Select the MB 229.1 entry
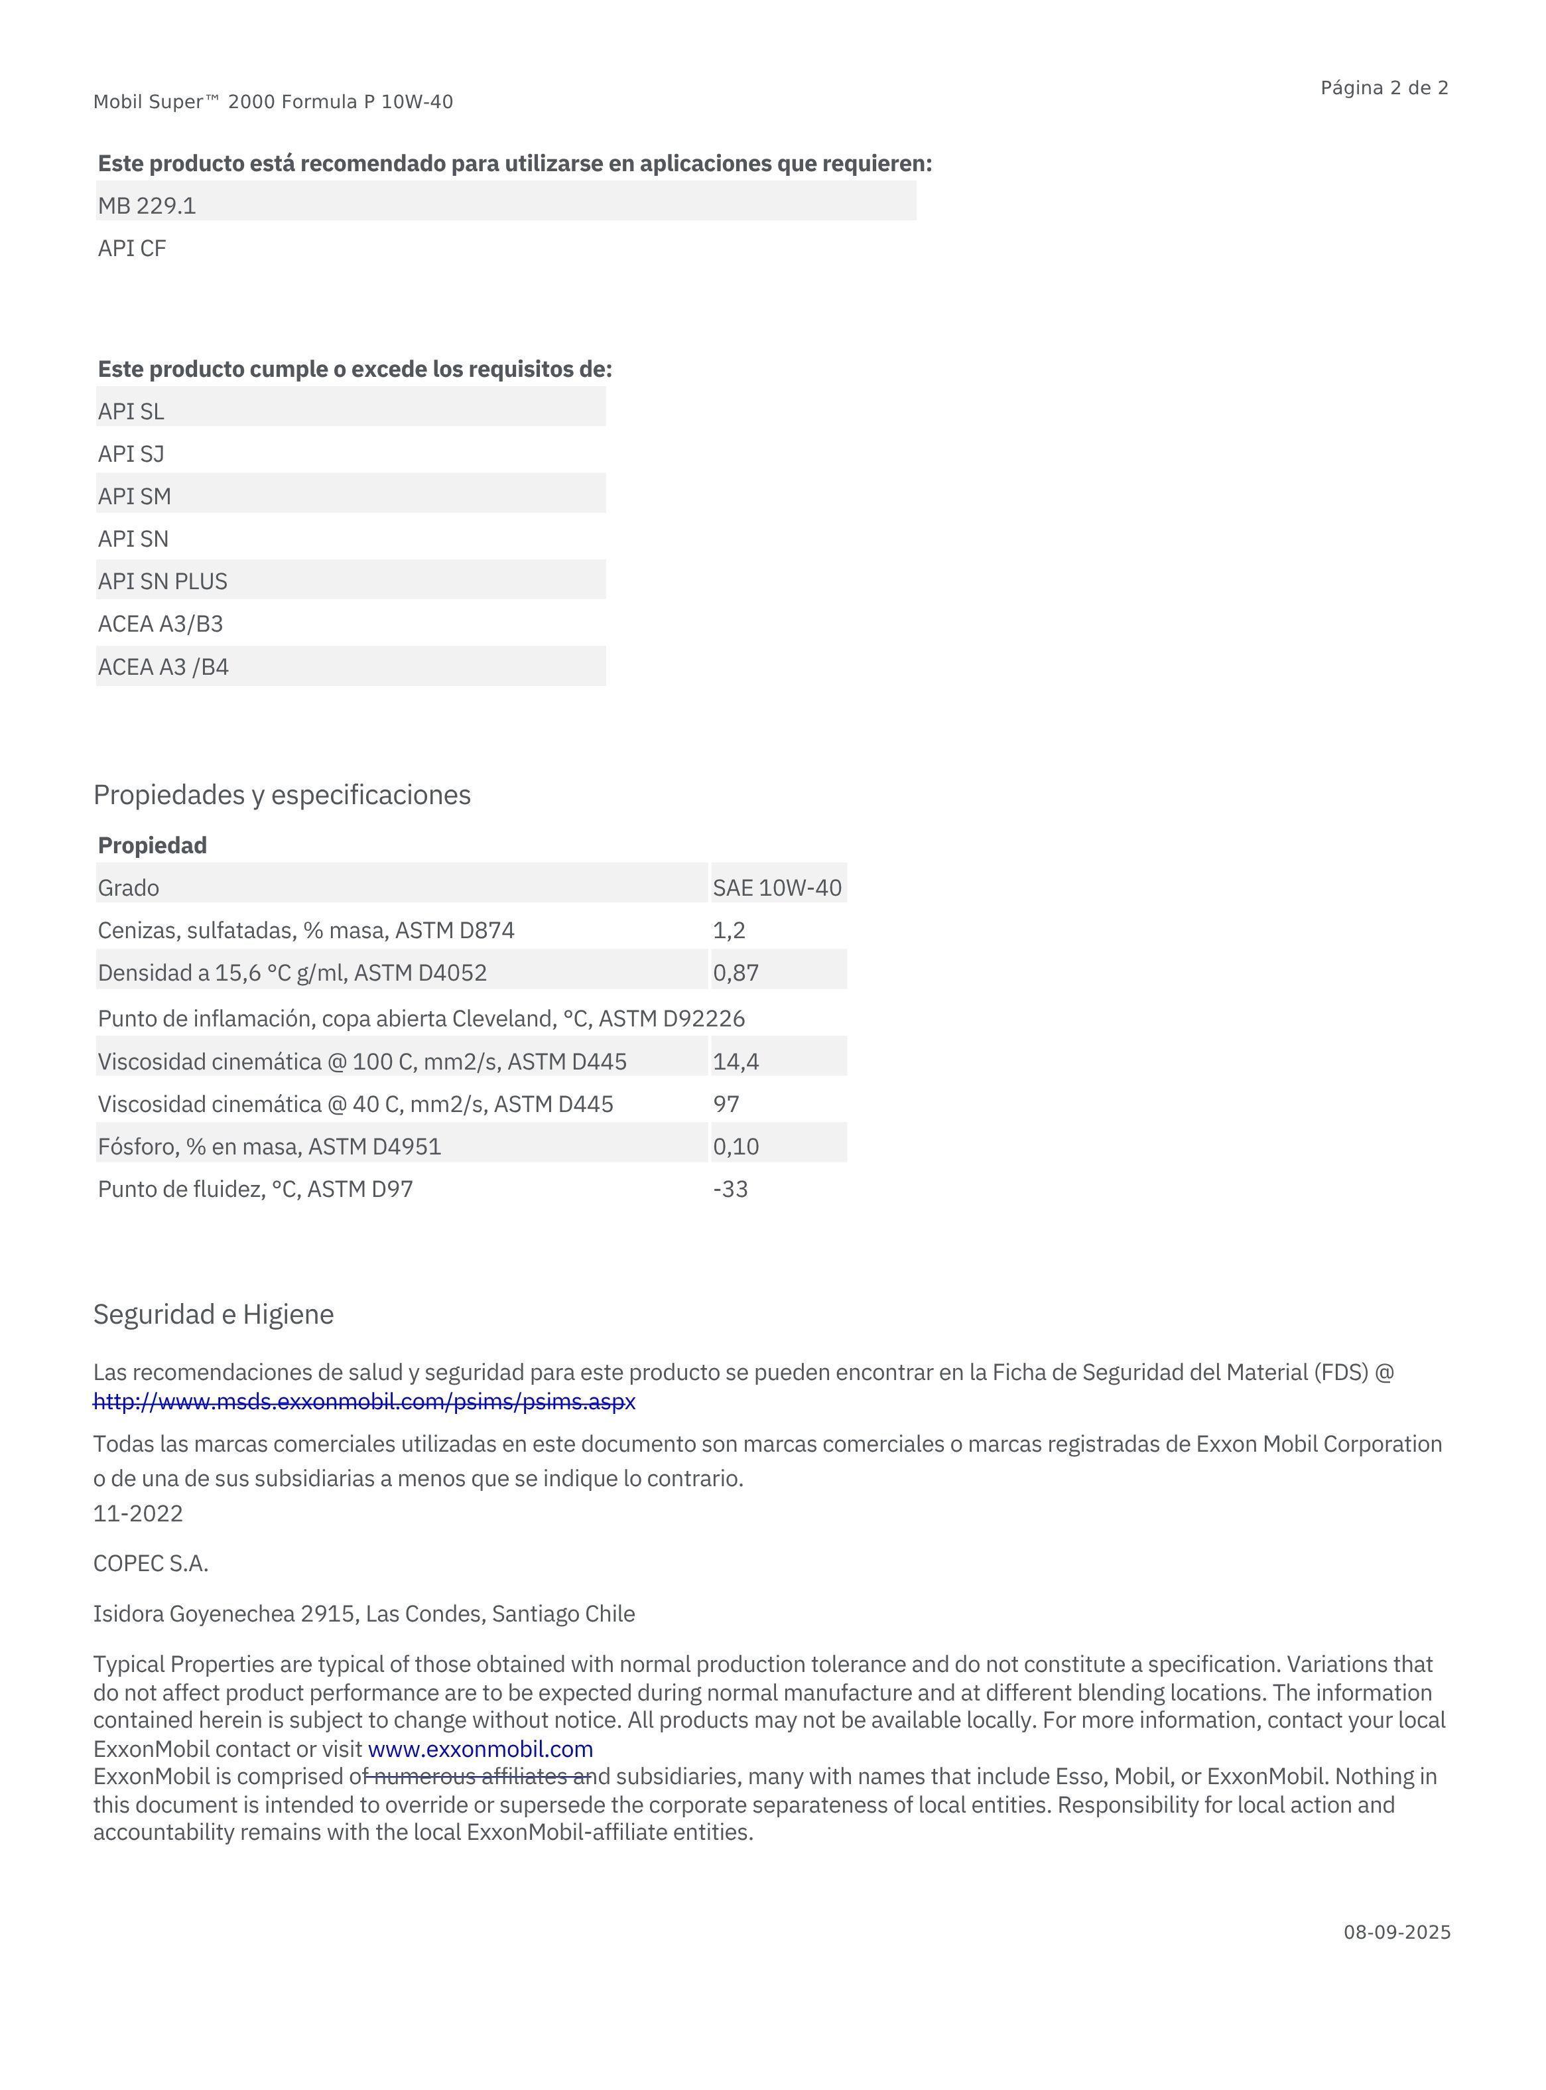147,206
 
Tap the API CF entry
132,249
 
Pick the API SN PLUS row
163,581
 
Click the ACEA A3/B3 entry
160,624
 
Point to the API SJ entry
131,454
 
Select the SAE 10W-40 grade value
777,887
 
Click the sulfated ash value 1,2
729,930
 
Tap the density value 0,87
736,973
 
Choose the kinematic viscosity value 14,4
736,1062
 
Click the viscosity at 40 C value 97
726,1105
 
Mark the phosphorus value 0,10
736,1147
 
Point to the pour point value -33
730,1190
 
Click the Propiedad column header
153,845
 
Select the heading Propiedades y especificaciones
282,795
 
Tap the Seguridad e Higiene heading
214,1314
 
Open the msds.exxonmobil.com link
364,1401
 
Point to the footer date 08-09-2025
1396,1933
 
